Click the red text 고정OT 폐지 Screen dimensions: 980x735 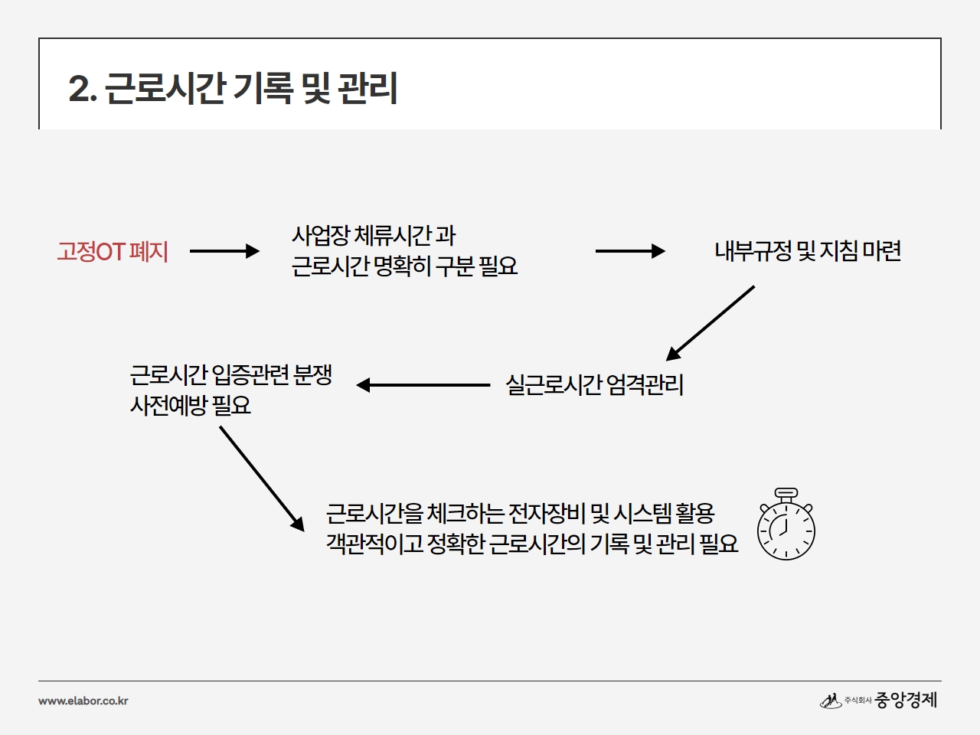click(113, 251)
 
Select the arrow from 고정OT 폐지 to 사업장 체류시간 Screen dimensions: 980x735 click(224, 251)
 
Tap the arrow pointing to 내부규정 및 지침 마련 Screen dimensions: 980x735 click(630, 251)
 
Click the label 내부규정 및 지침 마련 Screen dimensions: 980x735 click(808, 251)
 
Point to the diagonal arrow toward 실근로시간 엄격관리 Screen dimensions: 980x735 click(710, 323)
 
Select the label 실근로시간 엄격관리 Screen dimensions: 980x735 click(594, 385)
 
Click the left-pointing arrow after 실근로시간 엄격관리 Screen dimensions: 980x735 click(423, 385)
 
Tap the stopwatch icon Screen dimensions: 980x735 click(786, 524)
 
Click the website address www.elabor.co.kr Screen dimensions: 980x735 click(83, 701)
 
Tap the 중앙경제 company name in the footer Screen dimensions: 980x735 click(906, 700)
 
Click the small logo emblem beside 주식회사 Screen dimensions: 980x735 click(831, 701)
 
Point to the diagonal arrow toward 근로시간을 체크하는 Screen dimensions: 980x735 click(262, 479)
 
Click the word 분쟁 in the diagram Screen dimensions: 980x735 click(312, 375)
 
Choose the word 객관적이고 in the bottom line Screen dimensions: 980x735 click(374, 544)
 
